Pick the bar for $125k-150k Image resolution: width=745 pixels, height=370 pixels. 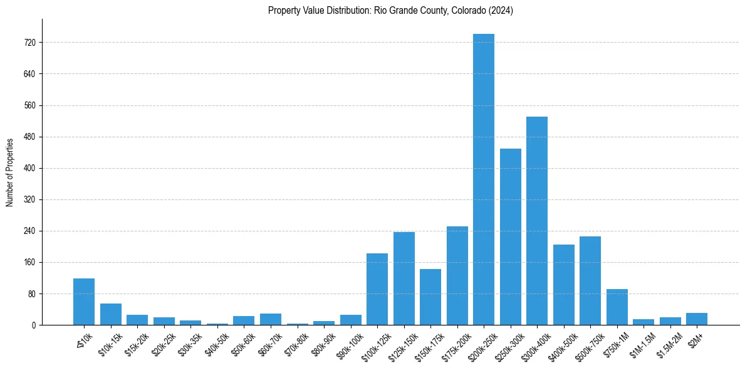pos(404,278)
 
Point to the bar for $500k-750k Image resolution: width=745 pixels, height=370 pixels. pos(590,280)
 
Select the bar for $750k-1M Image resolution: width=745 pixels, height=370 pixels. pos(617,307)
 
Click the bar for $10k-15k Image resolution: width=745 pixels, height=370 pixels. pos(111,314)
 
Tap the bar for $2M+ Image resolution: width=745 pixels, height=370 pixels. pos(697,319)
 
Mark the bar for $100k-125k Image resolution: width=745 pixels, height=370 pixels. pos(377,289)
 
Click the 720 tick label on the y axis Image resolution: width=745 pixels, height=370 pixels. pos(29,43)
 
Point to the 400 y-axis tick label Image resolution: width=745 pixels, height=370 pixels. pos(29,168)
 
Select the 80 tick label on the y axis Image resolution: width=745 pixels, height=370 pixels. pos(31,293)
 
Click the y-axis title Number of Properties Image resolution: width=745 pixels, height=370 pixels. pos(9,172)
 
